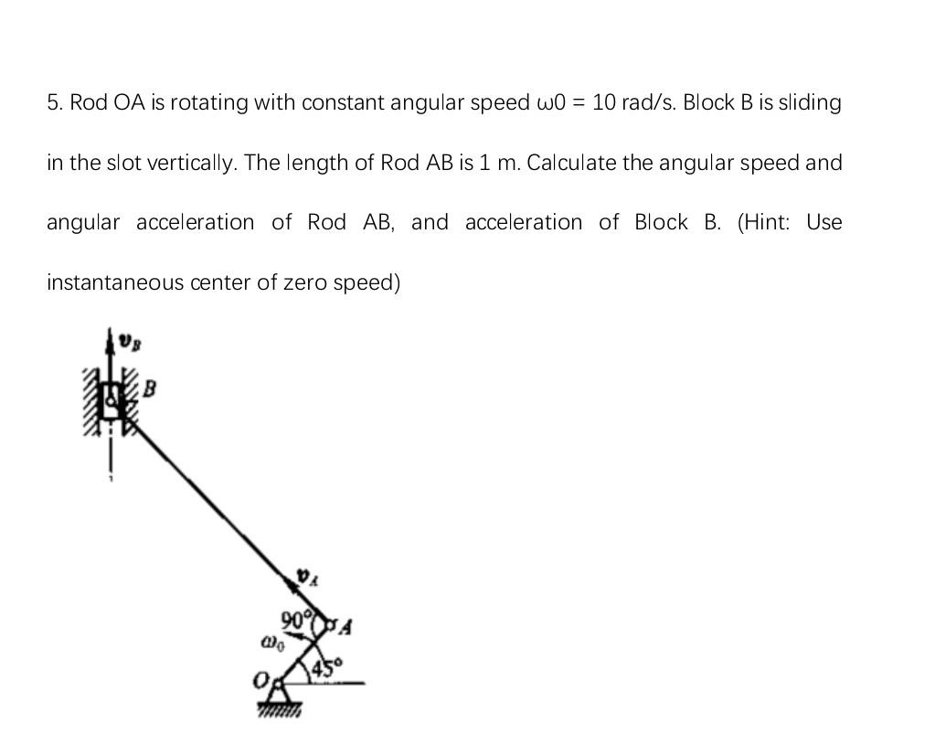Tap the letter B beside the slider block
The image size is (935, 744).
click(x=150, y=389)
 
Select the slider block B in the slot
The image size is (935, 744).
click(x=112, y=399)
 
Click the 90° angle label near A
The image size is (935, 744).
click(x=295, y=618)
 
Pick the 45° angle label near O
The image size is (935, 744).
click(x=325, y=669)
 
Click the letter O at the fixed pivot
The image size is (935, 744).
click(x=260, y=682)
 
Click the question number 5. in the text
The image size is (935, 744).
click(x=55, y=102)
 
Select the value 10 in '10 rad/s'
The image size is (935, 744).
click(x=603, y=102)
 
